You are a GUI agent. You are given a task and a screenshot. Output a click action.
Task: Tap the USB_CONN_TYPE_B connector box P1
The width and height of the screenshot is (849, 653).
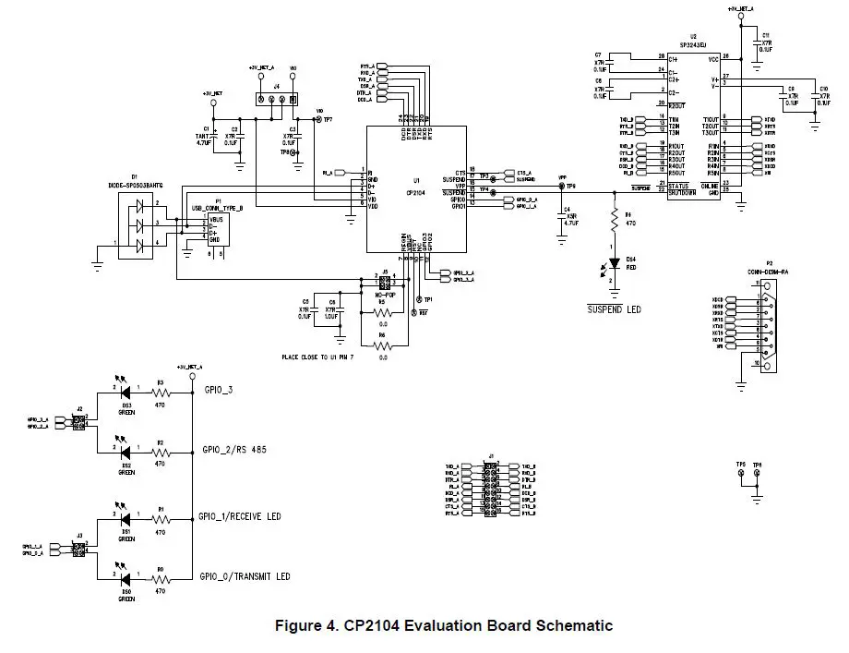coord(218,228)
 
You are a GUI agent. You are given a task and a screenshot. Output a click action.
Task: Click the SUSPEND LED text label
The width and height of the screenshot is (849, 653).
coord(615,309)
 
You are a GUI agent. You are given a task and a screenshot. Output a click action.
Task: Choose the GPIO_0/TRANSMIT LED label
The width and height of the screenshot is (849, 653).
coord(244,576)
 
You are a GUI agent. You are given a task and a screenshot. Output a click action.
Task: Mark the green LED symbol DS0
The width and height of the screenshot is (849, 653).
coord(126,579)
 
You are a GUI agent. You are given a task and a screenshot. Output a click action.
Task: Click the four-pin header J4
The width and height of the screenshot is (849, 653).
coord(277,99)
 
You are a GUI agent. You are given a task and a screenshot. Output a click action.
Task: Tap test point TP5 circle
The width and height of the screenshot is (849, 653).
coord(740,474)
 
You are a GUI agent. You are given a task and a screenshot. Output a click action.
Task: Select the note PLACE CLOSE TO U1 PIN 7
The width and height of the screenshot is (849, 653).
coord(331,356)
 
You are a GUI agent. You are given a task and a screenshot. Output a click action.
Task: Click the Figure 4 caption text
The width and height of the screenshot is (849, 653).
coord(444,626)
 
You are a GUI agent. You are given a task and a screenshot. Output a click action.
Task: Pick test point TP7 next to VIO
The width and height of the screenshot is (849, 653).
coord(319,120)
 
